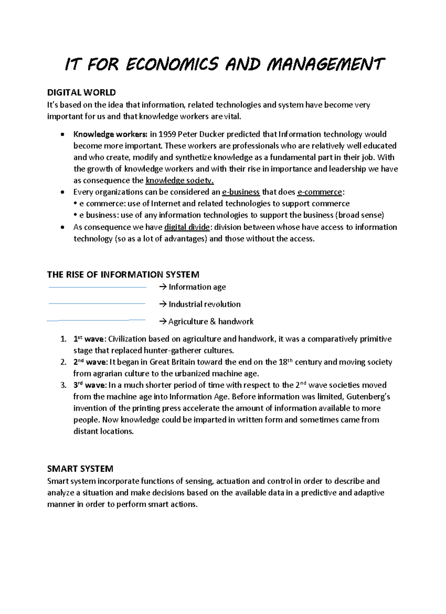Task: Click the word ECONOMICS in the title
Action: pos(172,64)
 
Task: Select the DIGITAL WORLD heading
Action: pos(81,92)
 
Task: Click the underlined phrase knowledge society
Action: pos(180,181)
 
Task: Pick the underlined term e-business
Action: pos(240,192)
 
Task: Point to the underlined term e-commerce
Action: pos(320,192)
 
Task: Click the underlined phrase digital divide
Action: pos(187,227)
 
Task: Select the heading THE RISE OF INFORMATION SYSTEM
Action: pos(123,275)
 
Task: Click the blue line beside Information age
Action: pos(97,287)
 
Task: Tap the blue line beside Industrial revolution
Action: pos(97,304)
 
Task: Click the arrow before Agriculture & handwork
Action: pos(163,321)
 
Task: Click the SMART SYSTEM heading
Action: pos(80,469)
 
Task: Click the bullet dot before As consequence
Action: pos(62,227)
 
